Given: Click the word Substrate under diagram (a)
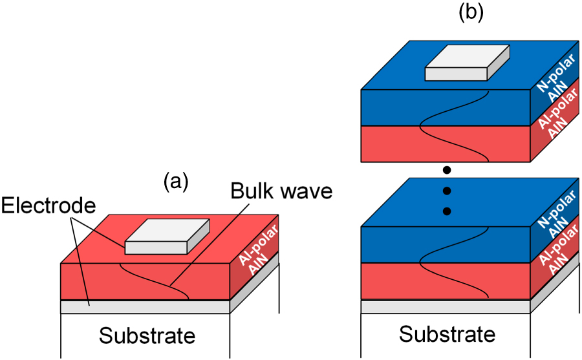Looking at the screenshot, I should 147,335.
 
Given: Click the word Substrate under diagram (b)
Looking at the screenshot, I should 447,334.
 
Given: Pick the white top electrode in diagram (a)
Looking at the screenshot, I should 167,237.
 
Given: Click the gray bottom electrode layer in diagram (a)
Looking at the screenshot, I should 145,307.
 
